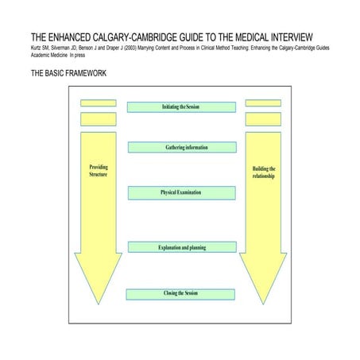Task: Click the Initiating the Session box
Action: click(181, 106)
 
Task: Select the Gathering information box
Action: click(181, 147)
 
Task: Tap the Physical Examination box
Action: click(181, 192)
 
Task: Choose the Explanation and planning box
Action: click(181, 247)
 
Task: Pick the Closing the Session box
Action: click(181, 294)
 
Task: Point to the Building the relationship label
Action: click(263, 172)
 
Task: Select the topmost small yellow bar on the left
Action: click(99, 103)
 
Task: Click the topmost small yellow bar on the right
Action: click(263, 103)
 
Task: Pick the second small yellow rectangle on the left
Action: click(99, 118)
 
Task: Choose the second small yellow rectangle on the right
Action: click(263, 118)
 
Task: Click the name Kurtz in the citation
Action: click(38, 48)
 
